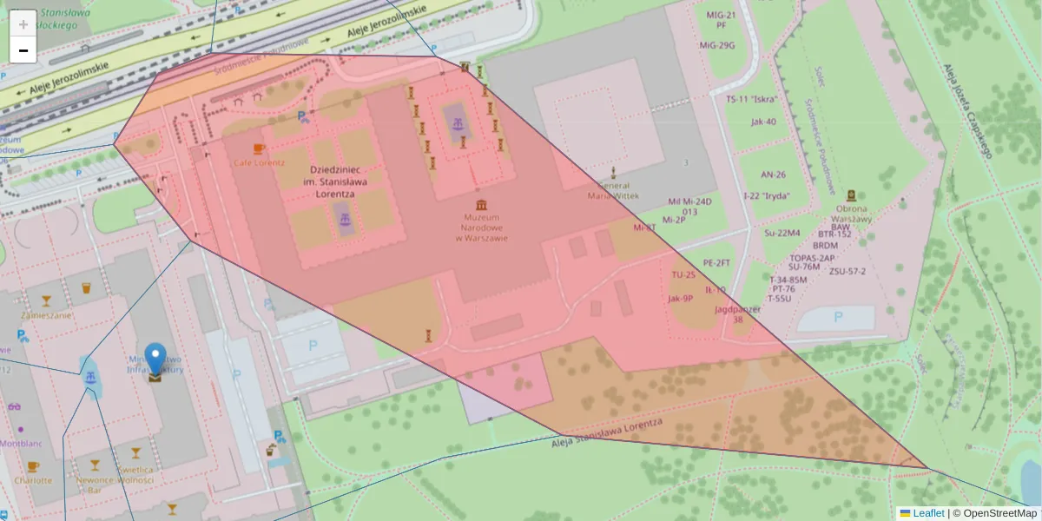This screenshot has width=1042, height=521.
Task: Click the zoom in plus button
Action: pos(23,23)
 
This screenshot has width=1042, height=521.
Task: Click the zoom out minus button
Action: pos(23,50)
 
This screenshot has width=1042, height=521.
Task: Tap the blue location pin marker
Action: pos(155,359)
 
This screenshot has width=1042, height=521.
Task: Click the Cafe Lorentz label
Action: pos(258,162)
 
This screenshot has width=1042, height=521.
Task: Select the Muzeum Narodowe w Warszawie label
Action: pos(480,228)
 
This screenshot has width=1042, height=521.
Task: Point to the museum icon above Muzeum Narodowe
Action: pos(480,204)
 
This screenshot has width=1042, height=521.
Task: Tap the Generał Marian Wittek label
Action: pos(614,191)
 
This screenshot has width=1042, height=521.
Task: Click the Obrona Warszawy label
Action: pos(851,214)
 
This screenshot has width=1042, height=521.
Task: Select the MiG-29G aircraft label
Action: pos(720,45)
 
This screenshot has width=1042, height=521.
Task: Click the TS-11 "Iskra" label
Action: pos(751,98)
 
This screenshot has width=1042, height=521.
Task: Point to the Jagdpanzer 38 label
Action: pos(737,313)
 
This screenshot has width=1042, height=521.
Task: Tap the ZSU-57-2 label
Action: pos(847,271)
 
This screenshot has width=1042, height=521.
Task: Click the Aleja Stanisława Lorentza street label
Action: pos(608,432)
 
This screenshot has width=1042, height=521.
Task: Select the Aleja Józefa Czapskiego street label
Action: pos(966,112)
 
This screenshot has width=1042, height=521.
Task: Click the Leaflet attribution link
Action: pos(928,513)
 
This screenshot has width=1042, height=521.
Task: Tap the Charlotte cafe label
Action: pos(33,480)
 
